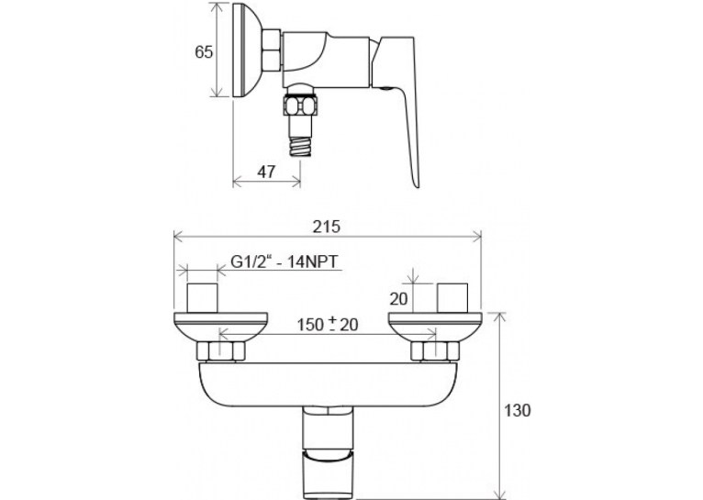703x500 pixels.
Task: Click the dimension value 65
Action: [204, 52]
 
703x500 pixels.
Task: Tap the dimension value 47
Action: [266, 172]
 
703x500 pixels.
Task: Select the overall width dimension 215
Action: [328, 227]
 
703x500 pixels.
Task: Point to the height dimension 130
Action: [518, 410]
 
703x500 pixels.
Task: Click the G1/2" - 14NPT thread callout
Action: [284, 261]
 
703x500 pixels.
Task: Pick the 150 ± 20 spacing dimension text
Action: [328, 324]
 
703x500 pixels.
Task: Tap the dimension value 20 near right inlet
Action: [398, 299]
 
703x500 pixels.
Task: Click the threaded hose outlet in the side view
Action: [300, 142]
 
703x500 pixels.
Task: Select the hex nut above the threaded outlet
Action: [300, 106]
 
